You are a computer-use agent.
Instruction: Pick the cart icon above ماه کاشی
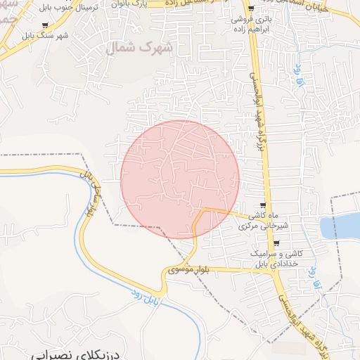tap(263, 205)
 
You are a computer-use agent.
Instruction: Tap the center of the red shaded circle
tap(180, 179)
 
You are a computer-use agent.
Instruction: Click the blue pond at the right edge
tap(340, 226)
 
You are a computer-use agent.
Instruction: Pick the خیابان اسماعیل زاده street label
tap(313, 4)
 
